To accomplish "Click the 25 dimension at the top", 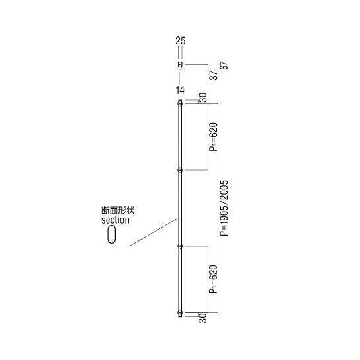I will click(180, 41).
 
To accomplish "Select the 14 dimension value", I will click(180, 90).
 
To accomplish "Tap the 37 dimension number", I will click(214, 74).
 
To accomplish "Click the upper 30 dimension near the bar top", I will click(203, 97).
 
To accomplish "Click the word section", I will click(115, 220).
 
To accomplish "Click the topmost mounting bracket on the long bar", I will click(179, 103).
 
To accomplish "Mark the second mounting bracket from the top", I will click(179, 170).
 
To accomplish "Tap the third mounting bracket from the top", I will click(179, 246).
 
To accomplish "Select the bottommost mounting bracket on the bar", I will click(179, 313).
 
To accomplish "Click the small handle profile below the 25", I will click(179, 66).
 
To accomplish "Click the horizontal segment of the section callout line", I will click(115, 246).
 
